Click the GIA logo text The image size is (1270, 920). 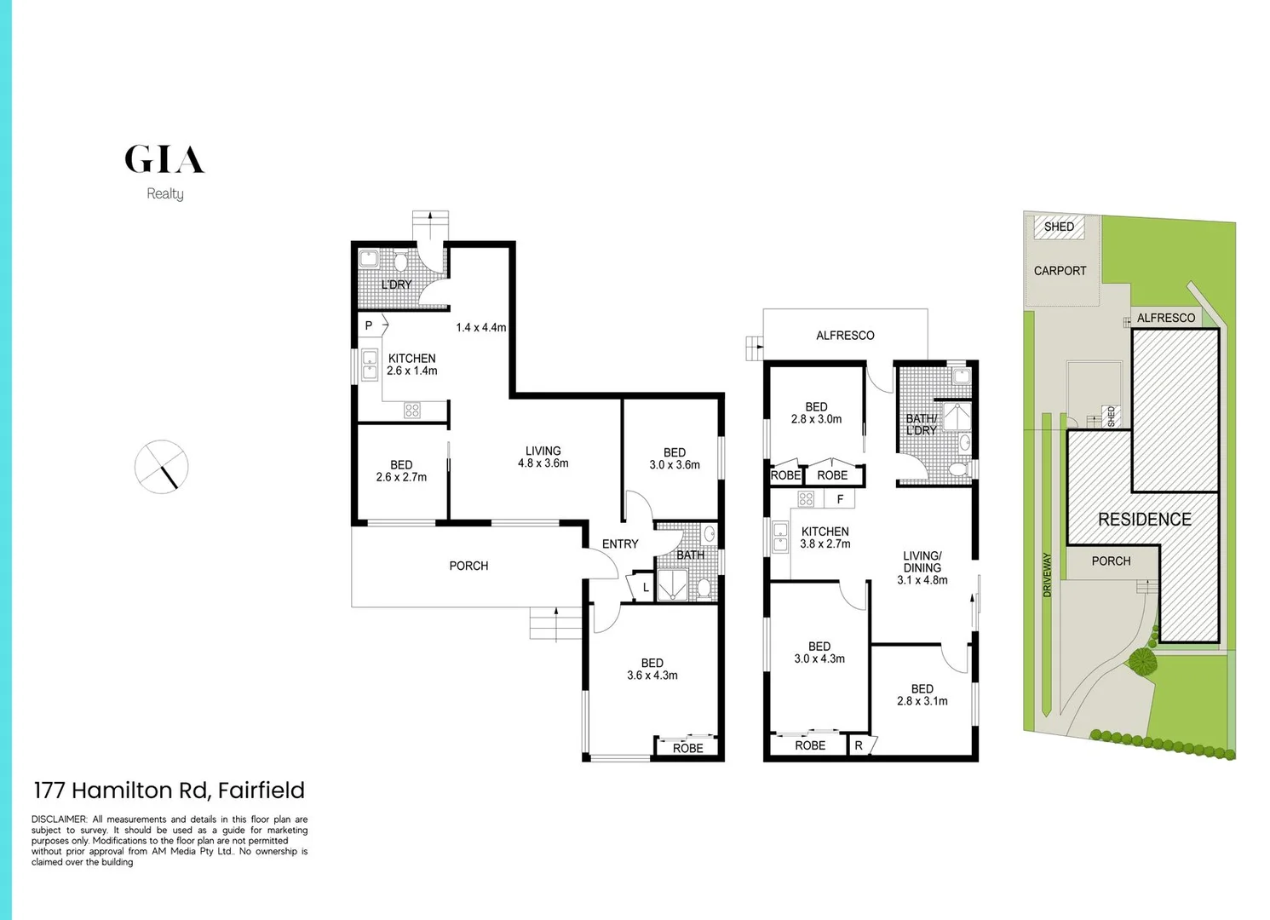(x=164, y=159)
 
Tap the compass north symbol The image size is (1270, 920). (x=161, y=467)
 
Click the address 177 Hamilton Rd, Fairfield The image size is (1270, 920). (x=169, y=791)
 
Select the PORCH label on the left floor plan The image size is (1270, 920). (x=468, y=566)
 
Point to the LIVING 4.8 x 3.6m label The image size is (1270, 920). (x=543, y=457)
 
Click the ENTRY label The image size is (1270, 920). (x=620, y=544)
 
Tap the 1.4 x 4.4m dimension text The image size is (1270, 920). (x=480, y=327)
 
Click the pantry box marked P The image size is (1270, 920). (x=369, y=325)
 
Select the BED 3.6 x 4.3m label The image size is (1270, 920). (x=652, y=670)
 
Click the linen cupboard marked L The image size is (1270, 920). (x=646, y=588)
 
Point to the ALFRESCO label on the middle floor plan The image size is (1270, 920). (x=845, y=336)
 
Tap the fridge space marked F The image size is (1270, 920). (x=840, y=499)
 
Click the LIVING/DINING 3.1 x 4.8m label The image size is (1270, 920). (x=922, y=567)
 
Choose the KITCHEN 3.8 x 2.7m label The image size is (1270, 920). (x=825, y=538)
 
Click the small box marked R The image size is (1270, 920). (x=859, y=745)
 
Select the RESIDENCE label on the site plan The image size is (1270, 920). (x=1144, y=520)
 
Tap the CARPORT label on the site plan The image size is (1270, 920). (x=1060, y=271)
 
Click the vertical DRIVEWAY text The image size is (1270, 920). (x=1047, y=575)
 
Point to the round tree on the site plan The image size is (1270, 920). (x=1141, y=660)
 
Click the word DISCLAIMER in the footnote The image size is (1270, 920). (x=60, y=819)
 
